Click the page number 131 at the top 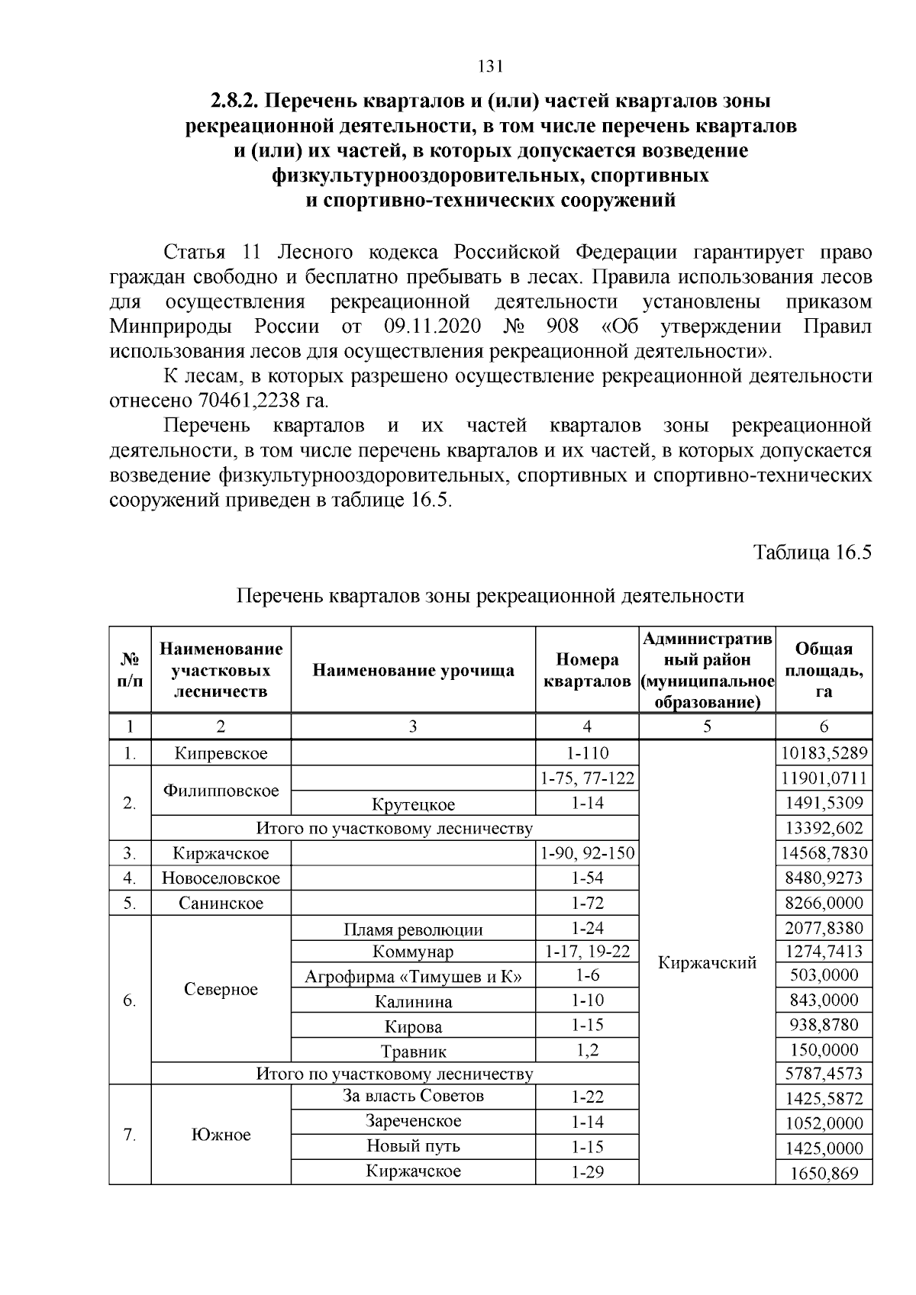(x=489, y=67)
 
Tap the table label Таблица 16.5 (x=812, y=552)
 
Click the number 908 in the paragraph (x=563, y=327)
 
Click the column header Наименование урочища (x=413, y=671)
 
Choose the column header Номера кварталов (x=586, y=670)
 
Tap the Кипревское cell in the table (x=221, y=754)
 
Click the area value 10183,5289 (x=824, y=754)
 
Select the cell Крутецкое (x=413, y=804)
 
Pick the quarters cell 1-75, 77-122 (x=587, y=778)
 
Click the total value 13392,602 (x=824, y=829)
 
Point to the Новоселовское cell (x=221, y=878)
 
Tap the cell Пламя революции (x=413, y=929)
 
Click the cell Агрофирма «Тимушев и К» (x=413, y=977)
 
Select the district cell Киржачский (x=707, y=963)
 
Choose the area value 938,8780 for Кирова (x=824, y=1025)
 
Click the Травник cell (x=413, y=1052)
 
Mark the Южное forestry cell (x=221, y=1135)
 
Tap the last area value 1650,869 (x=824, y=1174)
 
